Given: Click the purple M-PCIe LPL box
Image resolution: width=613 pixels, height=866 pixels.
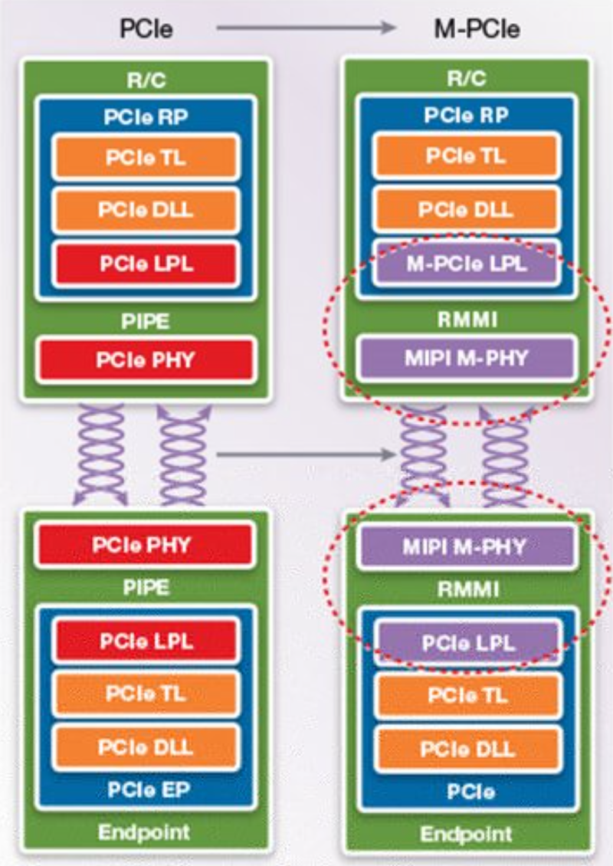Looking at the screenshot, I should pos(466,263).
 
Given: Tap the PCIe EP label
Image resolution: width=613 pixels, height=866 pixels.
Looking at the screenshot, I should pos(146,790).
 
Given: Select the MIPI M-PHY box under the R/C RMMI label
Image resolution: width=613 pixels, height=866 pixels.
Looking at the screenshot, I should pos(466,357).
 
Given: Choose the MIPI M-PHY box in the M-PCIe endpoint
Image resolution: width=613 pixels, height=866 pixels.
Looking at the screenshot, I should pos(466,547).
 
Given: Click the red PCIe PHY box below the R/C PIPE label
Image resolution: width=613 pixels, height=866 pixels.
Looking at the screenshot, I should pos(146,359).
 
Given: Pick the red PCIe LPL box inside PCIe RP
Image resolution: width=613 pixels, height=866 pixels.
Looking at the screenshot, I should pos(146,263).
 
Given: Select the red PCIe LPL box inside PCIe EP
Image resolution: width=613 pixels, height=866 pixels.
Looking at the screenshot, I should pos(146,641).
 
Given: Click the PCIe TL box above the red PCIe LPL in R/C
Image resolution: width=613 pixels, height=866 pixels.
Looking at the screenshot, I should pos(146,158).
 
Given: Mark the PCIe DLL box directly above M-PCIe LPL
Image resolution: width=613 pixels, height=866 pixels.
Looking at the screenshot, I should pos(466,209).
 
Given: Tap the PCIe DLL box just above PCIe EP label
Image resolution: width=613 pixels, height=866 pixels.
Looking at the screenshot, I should pos(146,746).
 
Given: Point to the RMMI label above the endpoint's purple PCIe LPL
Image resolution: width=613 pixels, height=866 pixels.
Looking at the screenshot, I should pos(466,589).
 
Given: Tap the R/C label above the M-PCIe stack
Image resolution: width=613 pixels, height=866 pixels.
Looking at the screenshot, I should pos(466,79).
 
